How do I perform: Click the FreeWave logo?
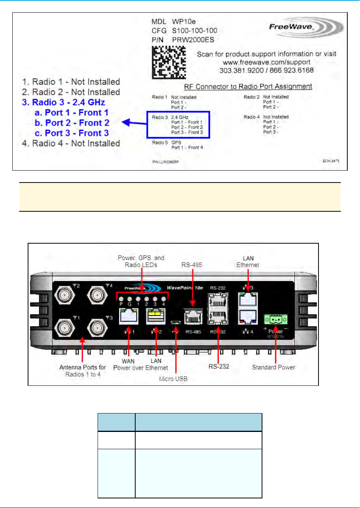[x=306, y=27]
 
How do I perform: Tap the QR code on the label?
[x=169, y=63]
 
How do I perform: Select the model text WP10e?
[x=184, y=22]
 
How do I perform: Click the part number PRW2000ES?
[x=193, y=40]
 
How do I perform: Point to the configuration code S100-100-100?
[x=194, y=30]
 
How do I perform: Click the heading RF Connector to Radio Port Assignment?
[x=248, y=86]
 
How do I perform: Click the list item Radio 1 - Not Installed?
[x=71, y=82]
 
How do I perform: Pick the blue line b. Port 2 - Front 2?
[x=72, y=123]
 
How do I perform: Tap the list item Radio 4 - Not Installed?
[x=71, y=143]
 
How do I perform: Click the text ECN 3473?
[x=331, y=161]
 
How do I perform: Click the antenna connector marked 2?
[x=63, y=296]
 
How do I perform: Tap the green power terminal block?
[x=275, y=319]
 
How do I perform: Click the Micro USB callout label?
[x=173, y=379]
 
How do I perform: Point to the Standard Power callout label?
[x=274, y=367]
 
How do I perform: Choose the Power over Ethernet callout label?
[x=141, y=368]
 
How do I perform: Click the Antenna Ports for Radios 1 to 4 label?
[x=83, y=371]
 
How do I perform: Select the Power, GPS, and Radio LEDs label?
[x=141, y=261]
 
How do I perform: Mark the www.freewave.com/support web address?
[x=267, y=62]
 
